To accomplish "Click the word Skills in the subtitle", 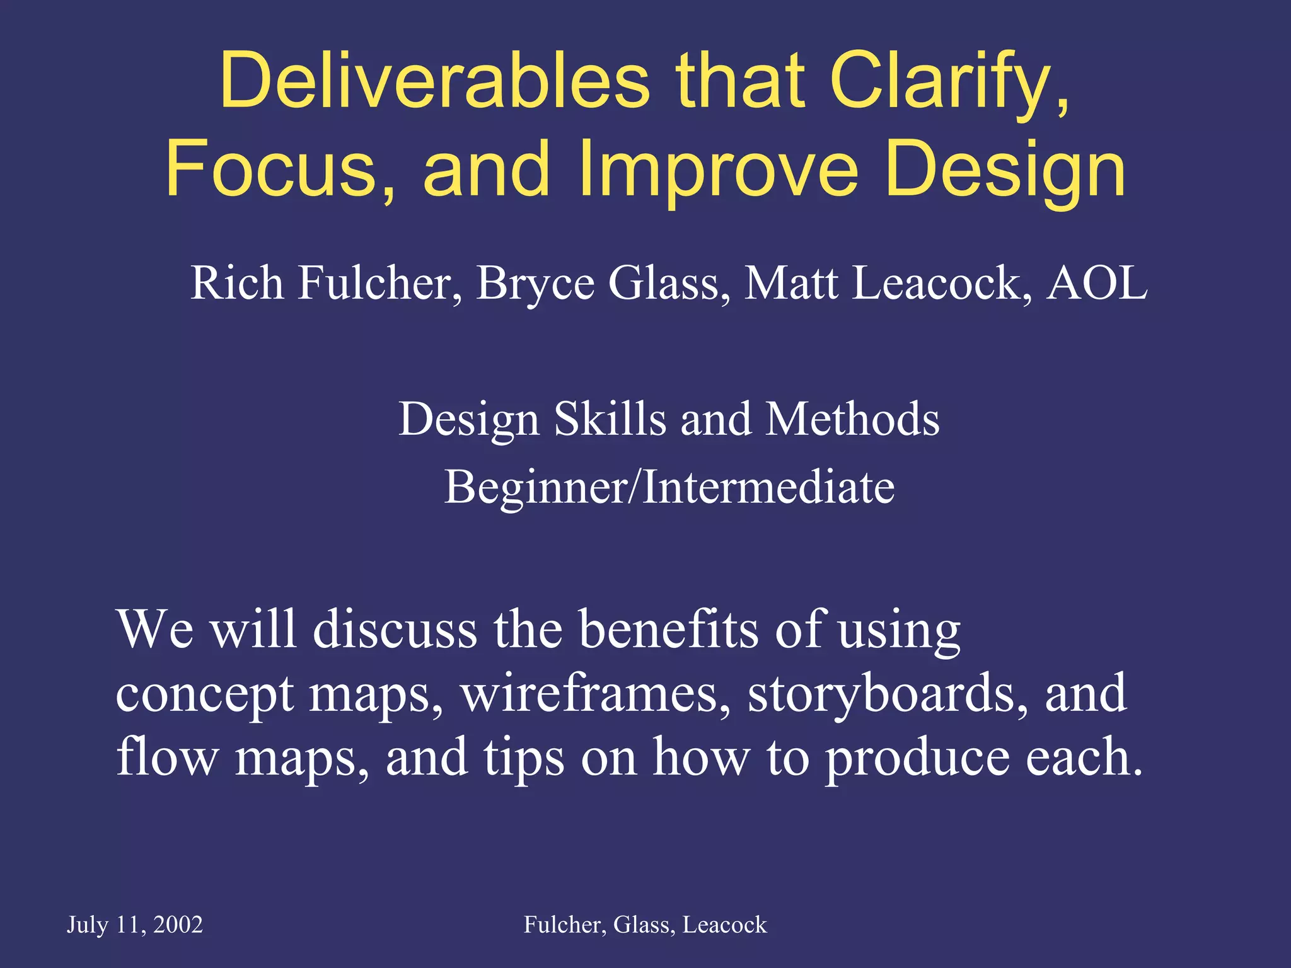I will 610,419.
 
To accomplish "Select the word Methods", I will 852,419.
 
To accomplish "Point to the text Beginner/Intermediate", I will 669,487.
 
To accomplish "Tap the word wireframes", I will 596,693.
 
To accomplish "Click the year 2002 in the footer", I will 178,925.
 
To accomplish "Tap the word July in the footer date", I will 88,925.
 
